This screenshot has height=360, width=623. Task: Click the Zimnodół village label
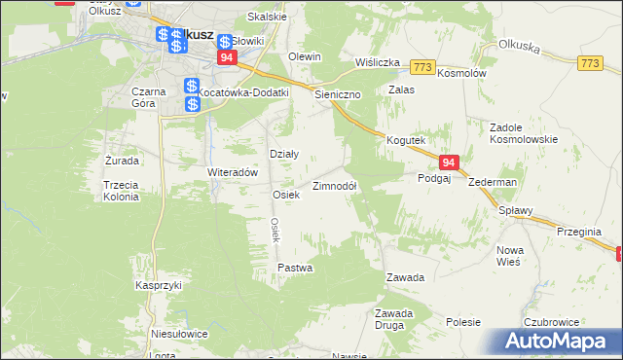pos(334,186)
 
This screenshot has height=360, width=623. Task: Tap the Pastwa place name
pos(295,267)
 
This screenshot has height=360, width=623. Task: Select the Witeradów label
pos(232,172)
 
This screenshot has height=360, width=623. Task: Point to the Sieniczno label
pos(338,95)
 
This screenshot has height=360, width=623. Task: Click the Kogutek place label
pos(405,140)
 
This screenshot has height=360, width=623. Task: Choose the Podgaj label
pos(434,179)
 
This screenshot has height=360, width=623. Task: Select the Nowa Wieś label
pos(510,256)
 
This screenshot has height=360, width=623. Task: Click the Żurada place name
pos(122,160)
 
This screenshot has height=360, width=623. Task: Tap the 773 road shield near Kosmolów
pos(421,66)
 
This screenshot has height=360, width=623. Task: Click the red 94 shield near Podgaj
pos(448,162)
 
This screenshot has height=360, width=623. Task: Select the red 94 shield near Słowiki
pos(227,58)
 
